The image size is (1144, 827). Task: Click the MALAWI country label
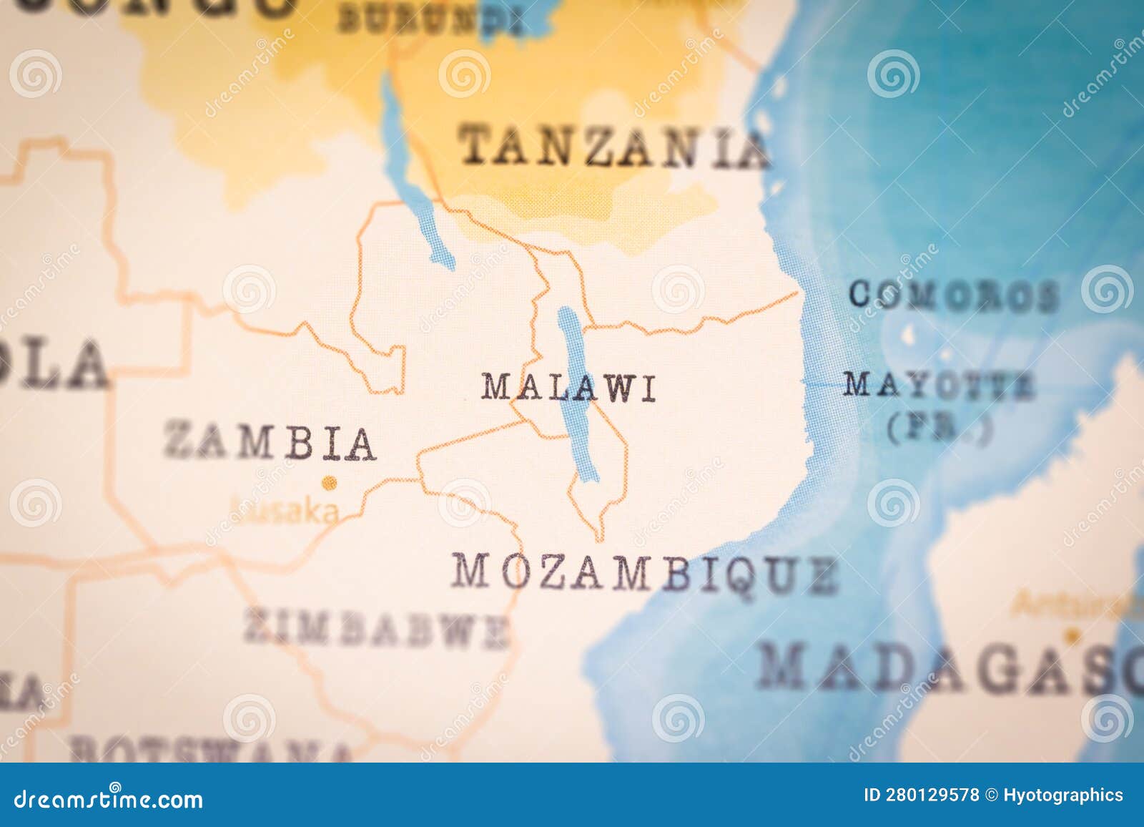(568, 388)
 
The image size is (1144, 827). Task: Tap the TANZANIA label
(614, 147)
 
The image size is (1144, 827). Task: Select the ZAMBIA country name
(270, 441)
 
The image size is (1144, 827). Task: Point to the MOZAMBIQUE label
(644, 573)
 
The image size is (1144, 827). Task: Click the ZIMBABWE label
(376, 630)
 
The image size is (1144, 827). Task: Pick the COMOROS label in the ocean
(954, 295)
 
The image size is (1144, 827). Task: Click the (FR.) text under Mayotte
(940, 428)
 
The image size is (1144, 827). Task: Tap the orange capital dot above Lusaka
(329, 484)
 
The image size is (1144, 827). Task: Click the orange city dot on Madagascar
(1070, 635)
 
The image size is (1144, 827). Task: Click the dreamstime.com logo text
(109, 798)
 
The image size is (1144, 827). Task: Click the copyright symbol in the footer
(991, 796)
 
